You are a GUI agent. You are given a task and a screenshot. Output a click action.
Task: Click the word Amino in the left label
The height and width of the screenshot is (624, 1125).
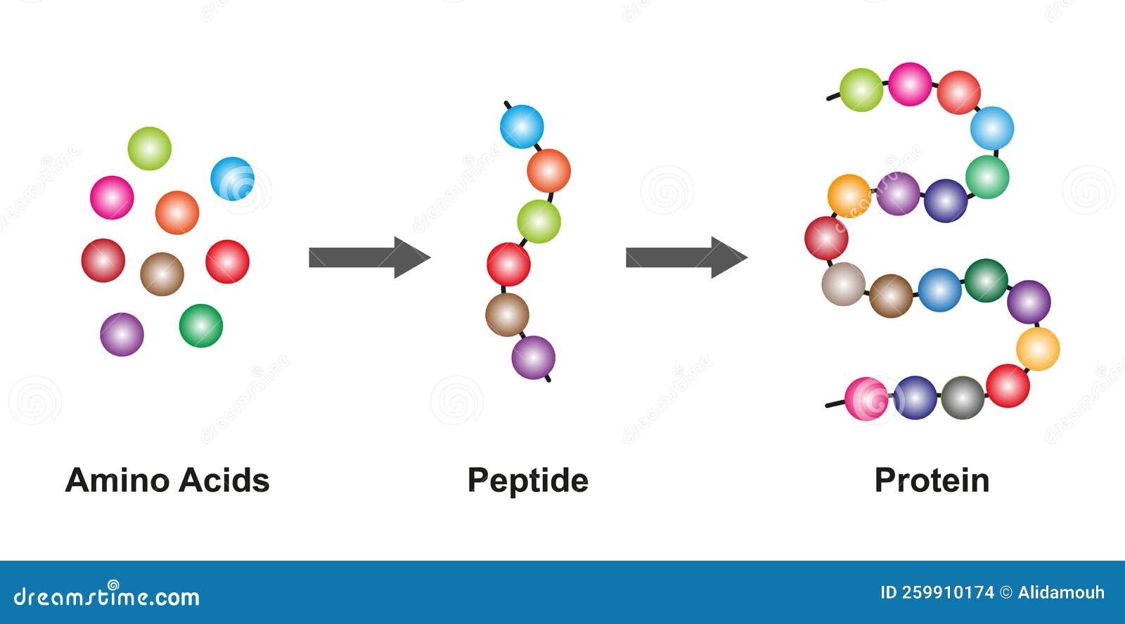coord(120,480)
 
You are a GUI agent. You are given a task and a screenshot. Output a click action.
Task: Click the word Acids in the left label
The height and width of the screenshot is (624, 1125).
coord(224,480)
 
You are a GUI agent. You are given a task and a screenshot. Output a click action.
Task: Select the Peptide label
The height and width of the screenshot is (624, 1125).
coord(528,481)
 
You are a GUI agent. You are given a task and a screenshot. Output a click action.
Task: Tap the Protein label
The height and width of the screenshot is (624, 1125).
coord(932,480)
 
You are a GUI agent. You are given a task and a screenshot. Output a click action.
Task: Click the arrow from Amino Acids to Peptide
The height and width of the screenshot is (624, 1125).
coord(370,257)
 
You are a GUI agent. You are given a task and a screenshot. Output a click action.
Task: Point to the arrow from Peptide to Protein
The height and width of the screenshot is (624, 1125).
coord(686,257)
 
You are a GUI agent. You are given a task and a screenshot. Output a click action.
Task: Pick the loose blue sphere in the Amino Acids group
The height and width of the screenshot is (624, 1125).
coord(233,179)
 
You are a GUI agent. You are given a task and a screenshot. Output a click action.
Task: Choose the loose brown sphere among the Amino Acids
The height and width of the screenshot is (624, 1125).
coord(162,274)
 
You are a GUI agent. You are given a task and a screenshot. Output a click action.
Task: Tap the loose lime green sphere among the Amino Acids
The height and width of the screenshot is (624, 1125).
coord(150,148)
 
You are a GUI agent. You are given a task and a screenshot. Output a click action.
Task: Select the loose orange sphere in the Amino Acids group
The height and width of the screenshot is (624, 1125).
coord(177,212)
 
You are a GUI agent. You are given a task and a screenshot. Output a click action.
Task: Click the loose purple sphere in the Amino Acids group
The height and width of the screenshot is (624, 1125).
coord(122,335)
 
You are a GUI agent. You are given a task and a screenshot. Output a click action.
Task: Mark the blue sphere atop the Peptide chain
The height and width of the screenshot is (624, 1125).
coord(522,126)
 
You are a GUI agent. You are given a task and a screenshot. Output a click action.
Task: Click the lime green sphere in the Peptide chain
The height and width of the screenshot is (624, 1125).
coord(539,222)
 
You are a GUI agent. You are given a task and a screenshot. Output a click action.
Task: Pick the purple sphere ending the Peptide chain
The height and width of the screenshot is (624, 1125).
coord(534,357)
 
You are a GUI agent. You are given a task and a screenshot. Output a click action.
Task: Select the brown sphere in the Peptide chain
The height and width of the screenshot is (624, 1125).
coord(507,315)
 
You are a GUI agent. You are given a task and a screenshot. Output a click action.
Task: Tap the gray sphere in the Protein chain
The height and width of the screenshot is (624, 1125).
coord(963,398)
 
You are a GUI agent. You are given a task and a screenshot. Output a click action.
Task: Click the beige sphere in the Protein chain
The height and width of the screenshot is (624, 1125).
coord(844,284)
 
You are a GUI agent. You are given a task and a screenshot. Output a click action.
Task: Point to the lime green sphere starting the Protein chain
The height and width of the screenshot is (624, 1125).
coord(861,90)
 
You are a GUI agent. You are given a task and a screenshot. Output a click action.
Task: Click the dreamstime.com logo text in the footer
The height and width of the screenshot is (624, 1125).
coord(106,596)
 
